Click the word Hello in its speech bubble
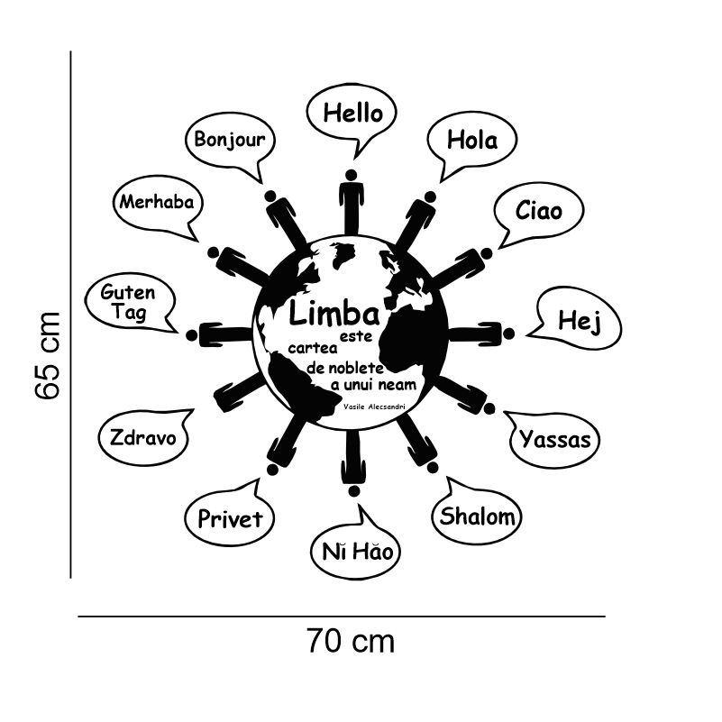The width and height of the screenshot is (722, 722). pyautogui.click(x=352, y=113)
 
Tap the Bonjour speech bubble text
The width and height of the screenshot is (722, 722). pyautogui.click(x=229, y=139)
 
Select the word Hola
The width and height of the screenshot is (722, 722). pyautogui.click(x=472, y=140)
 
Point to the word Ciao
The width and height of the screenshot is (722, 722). pyautogui.click(x=539, y=210)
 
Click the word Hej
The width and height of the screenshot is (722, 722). pyautogui.click(x=580, y=322)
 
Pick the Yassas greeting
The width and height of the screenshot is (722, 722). pyautogui.click(x=555, y=439)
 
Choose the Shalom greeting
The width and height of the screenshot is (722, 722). pyautogui.click(x=477, y=516)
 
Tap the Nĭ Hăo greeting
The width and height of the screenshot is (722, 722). pyautogui.click(x=358, y=551)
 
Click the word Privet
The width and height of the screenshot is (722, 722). pyautogui.click(x=230, y=518)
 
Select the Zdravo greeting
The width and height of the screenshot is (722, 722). pyautogui.click(x=142, y=437)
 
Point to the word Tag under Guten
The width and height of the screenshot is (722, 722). pyautogui.click(x=129, y=312)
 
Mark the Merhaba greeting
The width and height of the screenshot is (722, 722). pyautogui.click(x=157, y=202)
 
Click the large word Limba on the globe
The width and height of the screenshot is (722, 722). pyautogui.click(x=334, y=313)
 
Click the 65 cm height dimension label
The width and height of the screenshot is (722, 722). pyautogui.click(x=47, y=355)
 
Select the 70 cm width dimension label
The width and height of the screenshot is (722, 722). pyautogui.click(x=351, y=641)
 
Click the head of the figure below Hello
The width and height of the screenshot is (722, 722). pyautogui.click(x=351, y=176)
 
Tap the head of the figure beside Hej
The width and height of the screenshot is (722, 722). pyautogui.click(x=508, y=334)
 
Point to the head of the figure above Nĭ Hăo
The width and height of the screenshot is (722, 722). pyautogui.click(x=353, y=491)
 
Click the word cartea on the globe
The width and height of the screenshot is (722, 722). pyautogui.click(x=313, y=348)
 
